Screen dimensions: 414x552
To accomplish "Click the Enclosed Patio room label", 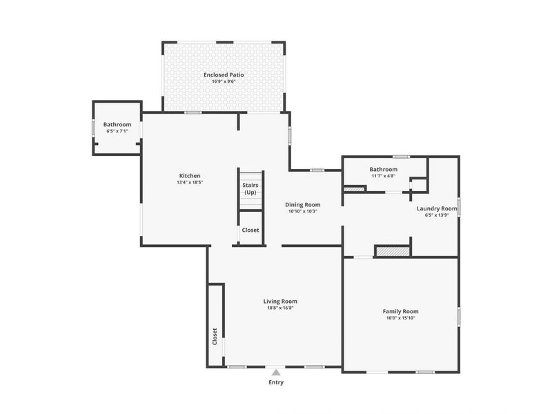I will click(x=223, y=75).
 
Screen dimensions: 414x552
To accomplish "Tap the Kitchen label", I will click(x=190, y=176).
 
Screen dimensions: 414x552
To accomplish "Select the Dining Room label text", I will click(x=303, y=204).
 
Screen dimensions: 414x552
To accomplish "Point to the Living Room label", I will click(x=280, y=301).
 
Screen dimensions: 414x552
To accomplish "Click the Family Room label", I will click(x=400, y=311).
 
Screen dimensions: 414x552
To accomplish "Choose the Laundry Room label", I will click(x=437, y=208).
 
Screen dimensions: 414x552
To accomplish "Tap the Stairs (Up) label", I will click(x=250, y=188).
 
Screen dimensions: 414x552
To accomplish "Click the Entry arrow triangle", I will click(x=276, y=373).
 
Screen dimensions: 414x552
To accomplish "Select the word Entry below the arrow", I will click(x=276, y=382).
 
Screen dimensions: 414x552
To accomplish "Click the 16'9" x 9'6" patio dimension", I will click(x=223, y=82).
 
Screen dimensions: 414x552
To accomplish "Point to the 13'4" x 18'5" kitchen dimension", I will click(x=190, y=184).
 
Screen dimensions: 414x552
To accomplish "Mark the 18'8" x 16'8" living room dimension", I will click(x=280, y=308).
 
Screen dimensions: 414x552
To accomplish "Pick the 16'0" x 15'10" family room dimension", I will click(x=400, y=319).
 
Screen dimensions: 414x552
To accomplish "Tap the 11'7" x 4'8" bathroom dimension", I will click(x=383, y=176).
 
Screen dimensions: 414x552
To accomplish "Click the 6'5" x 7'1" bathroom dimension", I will click(x=117, y=131).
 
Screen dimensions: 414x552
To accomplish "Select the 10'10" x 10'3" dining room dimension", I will click(x=303, y=212).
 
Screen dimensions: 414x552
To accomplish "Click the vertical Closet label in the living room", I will click(x=215, y=336).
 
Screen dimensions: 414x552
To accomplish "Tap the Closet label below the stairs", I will click(x=250, y=230).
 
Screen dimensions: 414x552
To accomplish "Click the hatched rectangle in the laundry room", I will click(x=393, y=251).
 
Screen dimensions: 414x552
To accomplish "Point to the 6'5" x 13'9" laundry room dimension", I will click(x=437, y=215).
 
